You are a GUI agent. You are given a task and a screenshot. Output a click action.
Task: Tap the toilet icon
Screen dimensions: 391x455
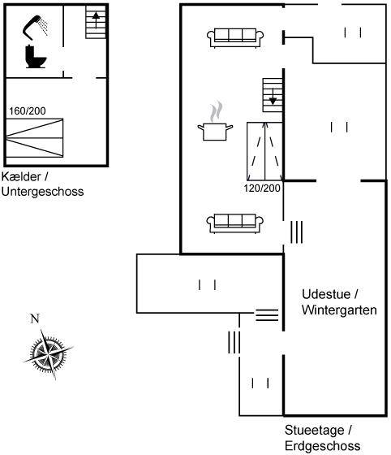pos(36,57)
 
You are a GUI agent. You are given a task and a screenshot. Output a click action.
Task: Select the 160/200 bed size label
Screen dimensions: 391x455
pos(28,110)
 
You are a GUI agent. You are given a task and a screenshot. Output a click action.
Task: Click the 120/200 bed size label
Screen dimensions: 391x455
pos(262,188)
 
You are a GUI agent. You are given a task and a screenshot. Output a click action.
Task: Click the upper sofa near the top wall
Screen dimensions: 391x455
pos(235,37)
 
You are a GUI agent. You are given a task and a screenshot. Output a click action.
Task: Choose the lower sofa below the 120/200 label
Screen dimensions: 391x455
pos(235,223)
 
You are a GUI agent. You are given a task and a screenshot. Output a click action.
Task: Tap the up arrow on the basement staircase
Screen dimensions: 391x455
pos(96,19)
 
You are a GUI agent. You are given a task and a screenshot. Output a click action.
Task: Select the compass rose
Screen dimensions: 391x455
pos(48,354)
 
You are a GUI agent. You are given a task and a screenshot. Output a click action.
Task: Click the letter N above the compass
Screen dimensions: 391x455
pos(35,318)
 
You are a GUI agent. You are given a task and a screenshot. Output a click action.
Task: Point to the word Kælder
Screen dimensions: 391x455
pos(21,176)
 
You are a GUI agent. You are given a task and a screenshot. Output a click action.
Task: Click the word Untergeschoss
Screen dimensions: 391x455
pos(42,192)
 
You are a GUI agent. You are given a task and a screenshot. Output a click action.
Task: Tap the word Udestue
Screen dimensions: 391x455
pos(326,294)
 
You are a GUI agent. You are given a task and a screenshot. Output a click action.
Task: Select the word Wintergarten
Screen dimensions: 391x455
pos(339,310)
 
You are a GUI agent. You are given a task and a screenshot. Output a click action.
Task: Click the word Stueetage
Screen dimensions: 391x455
pos(315,430)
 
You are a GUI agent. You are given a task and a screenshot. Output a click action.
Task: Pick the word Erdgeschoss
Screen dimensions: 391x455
pos(323,446)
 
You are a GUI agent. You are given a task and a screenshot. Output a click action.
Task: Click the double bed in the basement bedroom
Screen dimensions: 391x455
pos(34,138)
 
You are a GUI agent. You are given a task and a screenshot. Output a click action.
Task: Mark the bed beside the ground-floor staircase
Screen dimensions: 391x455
pos(264,151)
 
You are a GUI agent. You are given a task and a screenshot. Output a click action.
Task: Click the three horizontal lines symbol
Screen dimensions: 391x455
pos(267,315)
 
